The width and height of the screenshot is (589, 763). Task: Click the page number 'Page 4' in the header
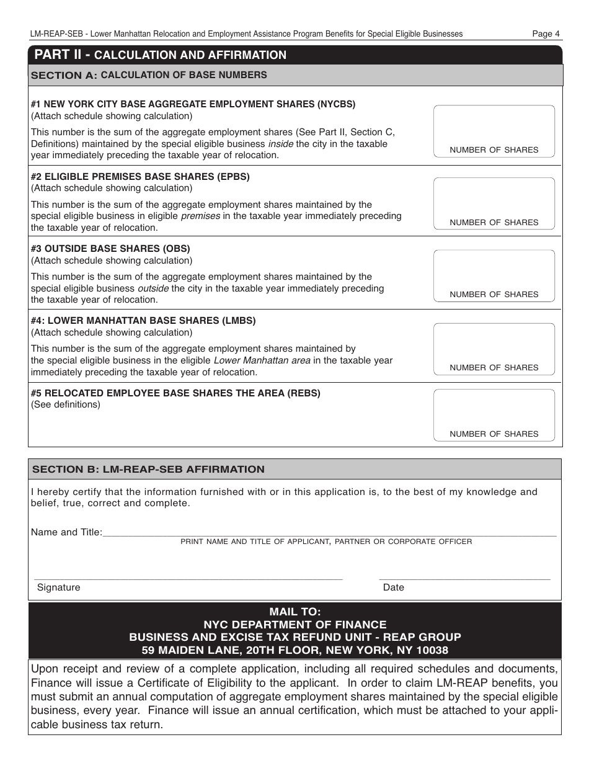(546, 34)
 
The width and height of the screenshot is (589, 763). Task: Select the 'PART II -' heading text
(63, 55)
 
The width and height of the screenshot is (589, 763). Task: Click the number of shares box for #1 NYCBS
(494, 127)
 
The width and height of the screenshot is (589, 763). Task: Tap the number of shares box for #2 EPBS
(494, 199)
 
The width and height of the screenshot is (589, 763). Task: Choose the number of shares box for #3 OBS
(494, 271)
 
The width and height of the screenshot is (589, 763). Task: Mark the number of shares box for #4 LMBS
(494, 344)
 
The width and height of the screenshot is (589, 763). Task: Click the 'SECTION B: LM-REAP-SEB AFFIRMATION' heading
(148, 470)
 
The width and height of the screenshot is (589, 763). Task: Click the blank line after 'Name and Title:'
(329, 532)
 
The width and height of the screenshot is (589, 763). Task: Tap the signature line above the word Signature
(188, 577)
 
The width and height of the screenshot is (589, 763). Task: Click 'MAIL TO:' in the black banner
(295, 612)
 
